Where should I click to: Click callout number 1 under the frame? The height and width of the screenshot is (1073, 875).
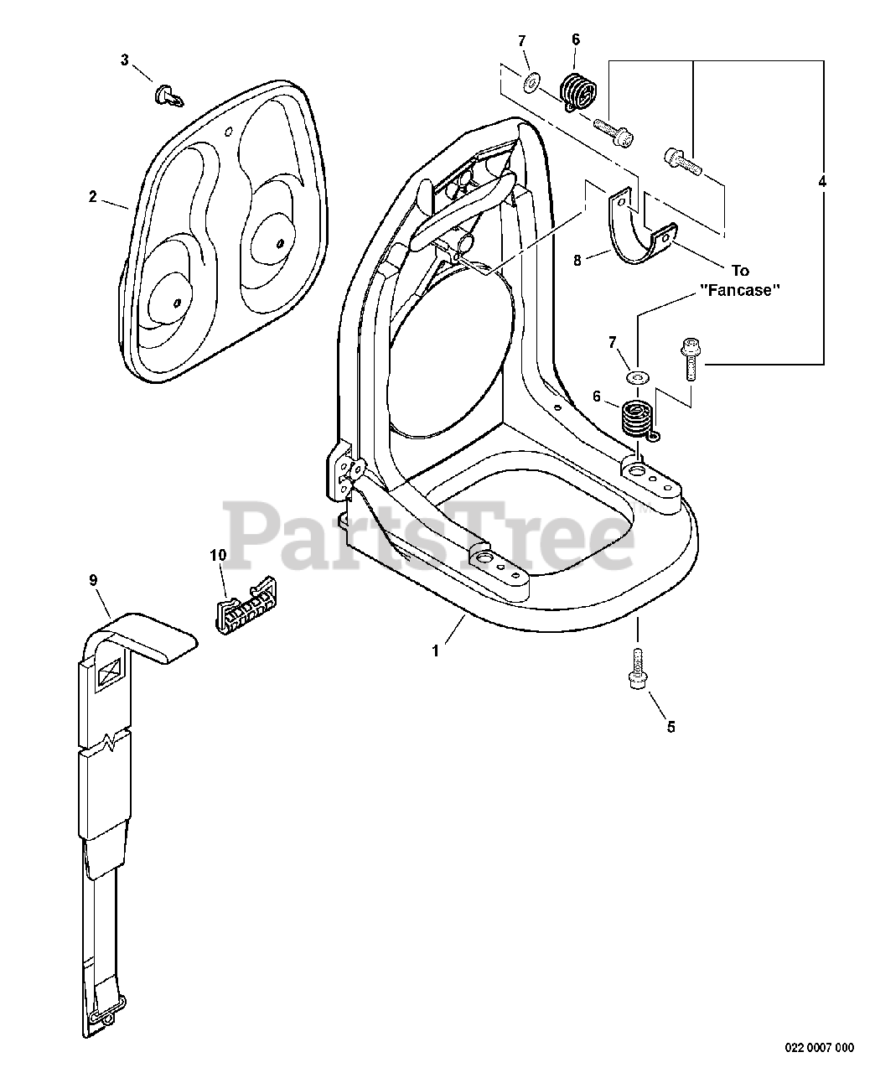435,651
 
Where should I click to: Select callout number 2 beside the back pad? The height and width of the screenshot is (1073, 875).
93,197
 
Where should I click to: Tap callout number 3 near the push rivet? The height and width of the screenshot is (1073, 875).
125,60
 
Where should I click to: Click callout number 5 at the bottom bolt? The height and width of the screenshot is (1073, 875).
670,727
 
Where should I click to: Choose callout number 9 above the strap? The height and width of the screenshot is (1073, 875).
93,579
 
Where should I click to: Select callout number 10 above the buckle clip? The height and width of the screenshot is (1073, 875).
218,555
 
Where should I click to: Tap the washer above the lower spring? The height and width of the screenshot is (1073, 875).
639,379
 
